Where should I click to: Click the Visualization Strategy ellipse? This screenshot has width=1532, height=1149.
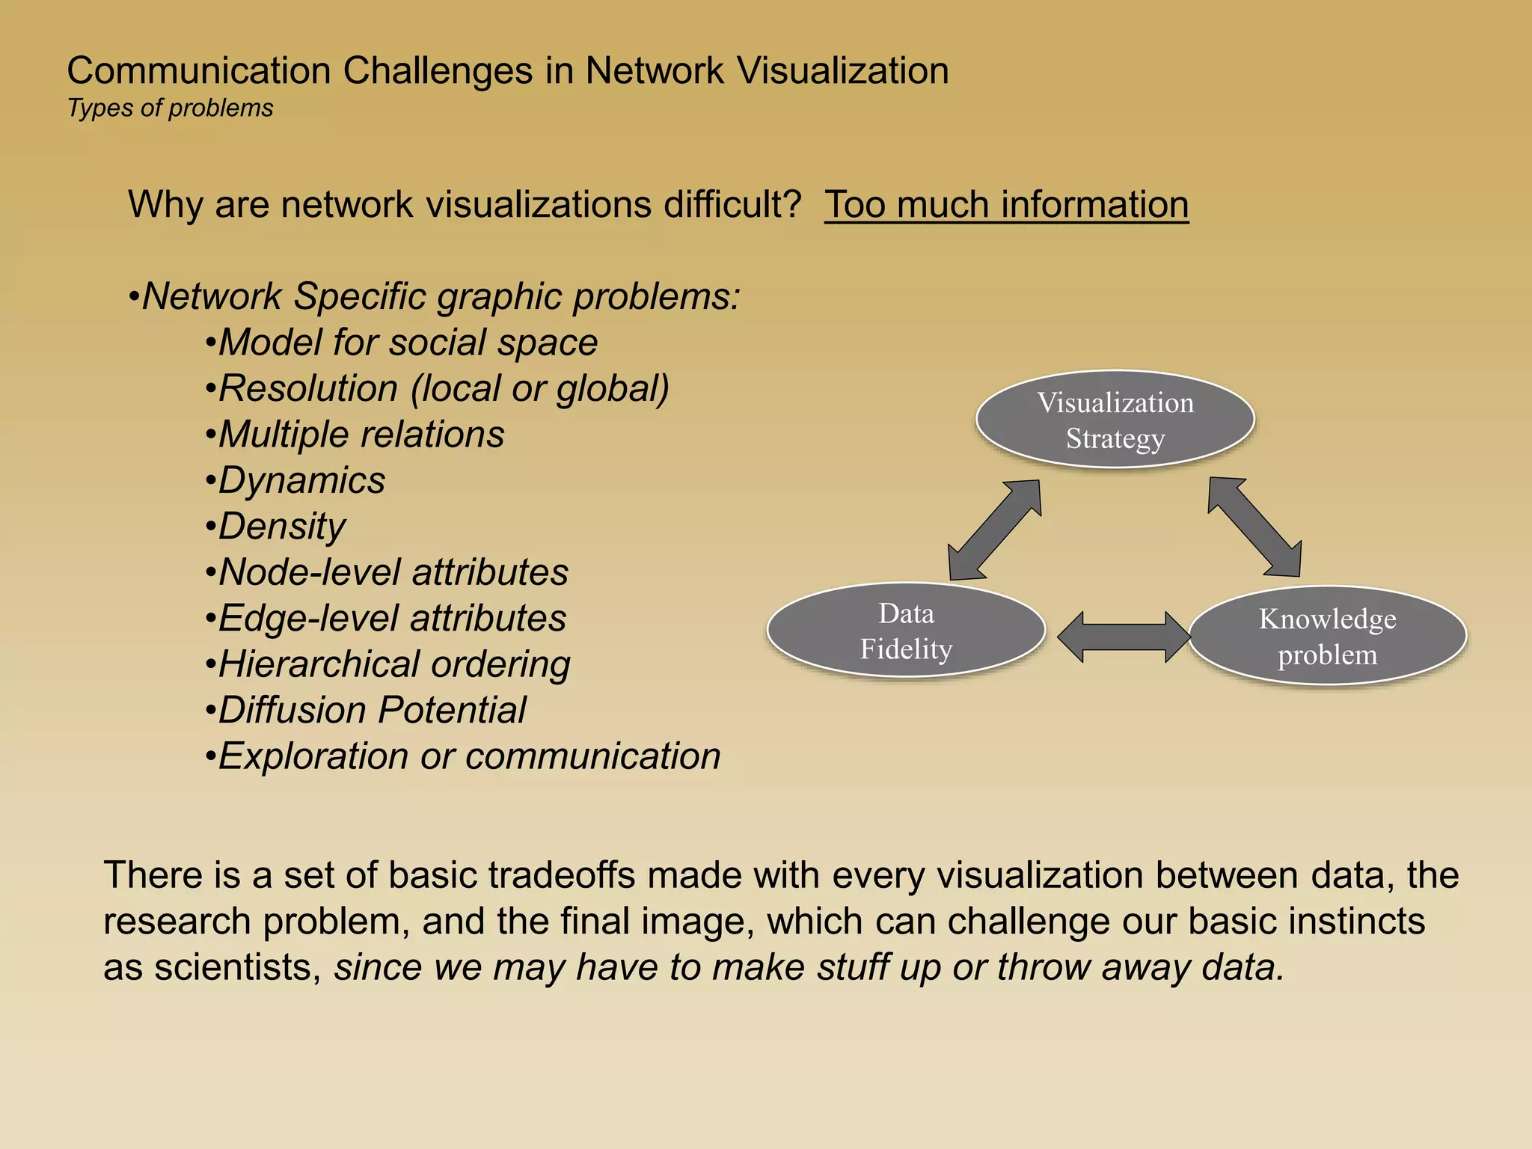coord(1115,419)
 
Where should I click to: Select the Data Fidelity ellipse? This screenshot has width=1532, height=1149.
coord(906,631)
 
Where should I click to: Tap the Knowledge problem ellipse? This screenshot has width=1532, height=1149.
coord(1327,636)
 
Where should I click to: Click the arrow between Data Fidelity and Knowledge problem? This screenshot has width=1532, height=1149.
coord(1124,637)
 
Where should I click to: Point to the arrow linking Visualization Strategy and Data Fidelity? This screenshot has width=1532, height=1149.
coord(995,530)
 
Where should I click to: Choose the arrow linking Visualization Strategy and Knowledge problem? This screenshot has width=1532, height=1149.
coord(1254,527)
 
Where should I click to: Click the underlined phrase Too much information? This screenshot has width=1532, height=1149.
coord(1006,204)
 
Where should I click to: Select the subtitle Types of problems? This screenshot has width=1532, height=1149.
coord(170,108)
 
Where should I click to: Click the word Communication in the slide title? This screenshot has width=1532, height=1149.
coord(198,71)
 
